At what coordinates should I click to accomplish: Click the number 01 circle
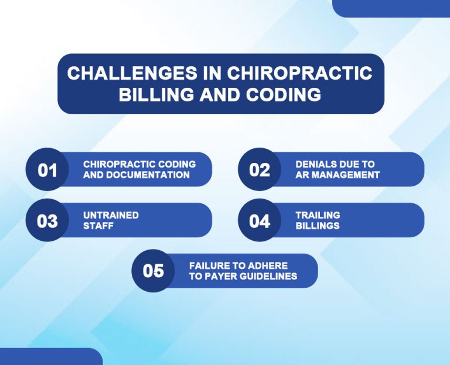pos(47,170)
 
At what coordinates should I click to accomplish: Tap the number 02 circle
pos(260,170)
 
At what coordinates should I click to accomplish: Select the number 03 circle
pos(47,221)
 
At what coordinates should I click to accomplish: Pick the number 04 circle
pos(260,221)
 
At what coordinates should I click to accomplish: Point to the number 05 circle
pos(154,271)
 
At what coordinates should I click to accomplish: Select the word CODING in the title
pos(287,94)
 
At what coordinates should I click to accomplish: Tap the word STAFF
pos(98,226)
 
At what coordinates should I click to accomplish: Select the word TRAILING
pos(318,216)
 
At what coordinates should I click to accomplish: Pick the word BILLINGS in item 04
pos(318,226)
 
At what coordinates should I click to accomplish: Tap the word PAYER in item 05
pos(216,276)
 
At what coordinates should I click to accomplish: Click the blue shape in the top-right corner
pos(391,8)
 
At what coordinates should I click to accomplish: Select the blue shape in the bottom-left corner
pos(50,357)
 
